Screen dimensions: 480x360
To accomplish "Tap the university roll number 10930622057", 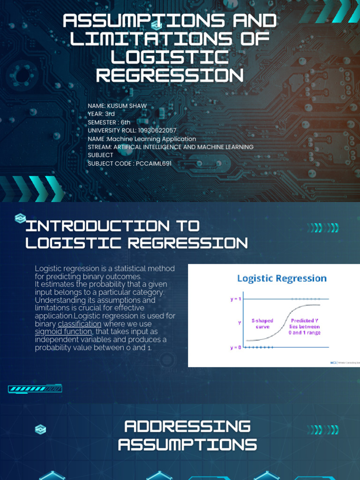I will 157,131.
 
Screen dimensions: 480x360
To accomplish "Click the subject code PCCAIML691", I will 154,164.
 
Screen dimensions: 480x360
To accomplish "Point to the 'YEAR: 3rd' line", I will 101,114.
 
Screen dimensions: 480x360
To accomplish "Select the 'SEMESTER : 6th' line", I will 109,122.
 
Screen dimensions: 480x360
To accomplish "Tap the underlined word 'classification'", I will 79,324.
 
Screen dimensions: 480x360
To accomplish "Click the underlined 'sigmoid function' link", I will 64,332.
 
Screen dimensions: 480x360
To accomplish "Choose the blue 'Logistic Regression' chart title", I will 282,278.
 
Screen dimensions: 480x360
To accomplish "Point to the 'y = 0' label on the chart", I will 235,347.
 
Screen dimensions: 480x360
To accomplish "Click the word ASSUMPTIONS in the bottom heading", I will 187,444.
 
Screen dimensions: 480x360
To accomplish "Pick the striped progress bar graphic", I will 35,389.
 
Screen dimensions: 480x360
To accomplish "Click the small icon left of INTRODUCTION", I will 20,218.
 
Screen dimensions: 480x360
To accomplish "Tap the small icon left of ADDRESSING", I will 41,429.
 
